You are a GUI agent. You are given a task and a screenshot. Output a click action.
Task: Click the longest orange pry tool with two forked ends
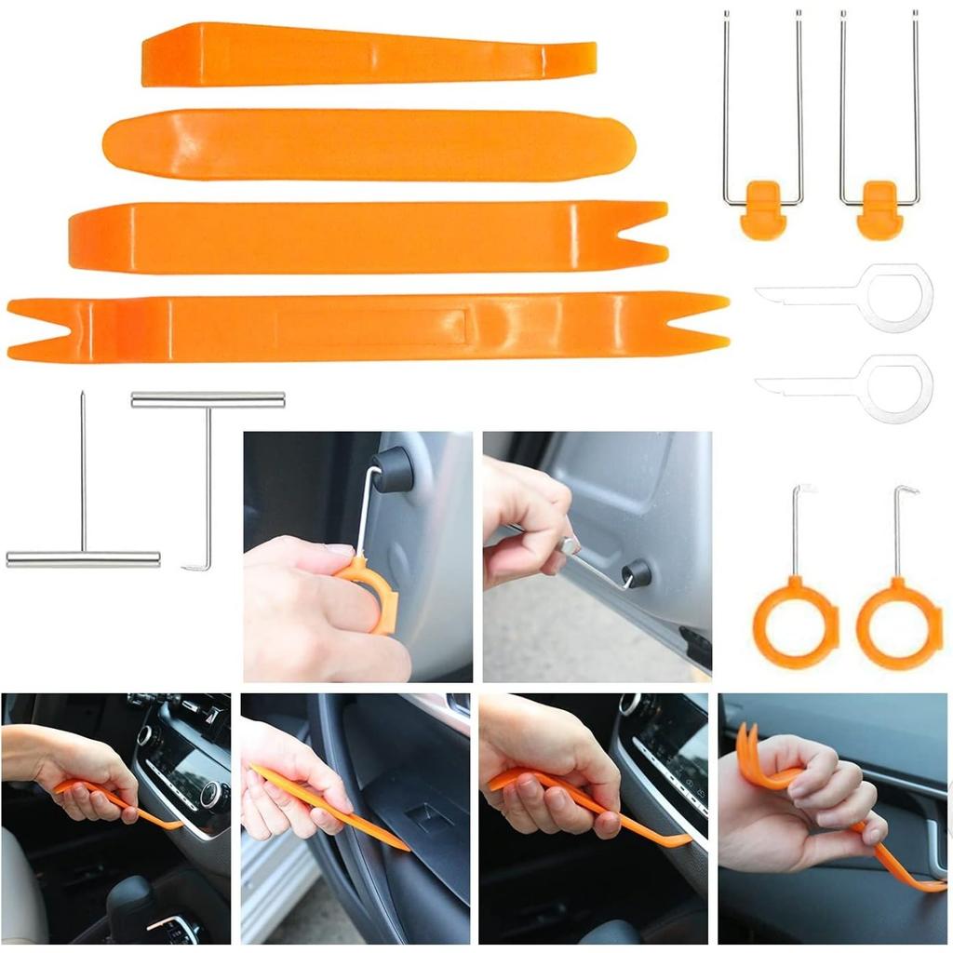(x=372, y=327)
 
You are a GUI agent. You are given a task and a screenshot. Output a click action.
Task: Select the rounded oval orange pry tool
(x=369, y=145)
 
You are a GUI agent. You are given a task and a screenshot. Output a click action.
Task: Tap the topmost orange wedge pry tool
(x=369, y=54)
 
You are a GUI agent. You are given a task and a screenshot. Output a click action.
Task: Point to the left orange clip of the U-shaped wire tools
(x=763, y=209)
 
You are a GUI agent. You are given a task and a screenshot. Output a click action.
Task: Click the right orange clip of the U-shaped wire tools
(x=879, y=209)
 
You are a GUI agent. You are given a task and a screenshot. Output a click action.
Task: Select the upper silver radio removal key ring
(x=895, y=298)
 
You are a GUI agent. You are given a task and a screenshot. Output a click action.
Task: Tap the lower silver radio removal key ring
(x=895, y=389)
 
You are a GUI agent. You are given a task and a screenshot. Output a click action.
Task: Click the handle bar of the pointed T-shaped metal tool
(x=83, y=559)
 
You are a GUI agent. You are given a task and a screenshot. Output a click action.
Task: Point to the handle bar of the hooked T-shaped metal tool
(x=208, y=399)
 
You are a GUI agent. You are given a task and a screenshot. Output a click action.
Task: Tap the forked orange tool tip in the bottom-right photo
(x=750, y=749)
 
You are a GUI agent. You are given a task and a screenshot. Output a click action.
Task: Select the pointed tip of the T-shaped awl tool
(x=82, y=395)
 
